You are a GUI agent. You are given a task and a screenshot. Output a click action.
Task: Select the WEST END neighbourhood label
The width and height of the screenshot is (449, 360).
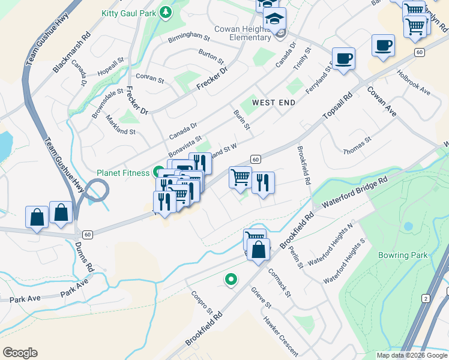pos(274,103)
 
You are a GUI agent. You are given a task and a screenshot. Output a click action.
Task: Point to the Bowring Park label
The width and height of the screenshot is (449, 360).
pos(403,255)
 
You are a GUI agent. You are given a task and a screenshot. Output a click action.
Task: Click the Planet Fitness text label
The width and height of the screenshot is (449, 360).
pos(123,173)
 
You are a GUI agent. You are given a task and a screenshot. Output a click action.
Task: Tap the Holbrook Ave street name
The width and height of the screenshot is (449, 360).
pos(414,83)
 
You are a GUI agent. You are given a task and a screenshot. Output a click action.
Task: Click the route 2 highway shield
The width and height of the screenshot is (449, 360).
pos(425,298)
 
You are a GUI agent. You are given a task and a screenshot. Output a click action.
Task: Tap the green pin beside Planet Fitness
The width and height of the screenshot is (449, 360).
pos(158,172)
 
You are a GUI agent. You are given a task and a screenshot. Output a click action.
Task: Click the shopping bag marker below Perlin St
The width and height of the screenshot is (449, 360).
pos(258,250)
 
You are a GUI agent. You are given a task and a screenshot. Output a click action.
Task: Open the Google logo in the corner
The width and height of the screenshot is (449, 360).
pos(20,353)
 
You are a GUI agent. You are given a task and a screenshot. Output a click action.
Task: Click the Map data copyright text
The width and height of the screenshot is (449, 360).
pos(412,355)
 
